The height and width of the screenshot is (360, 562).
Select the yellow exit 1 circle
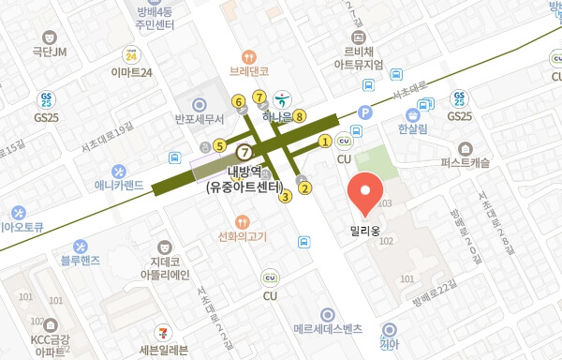coord(324,142)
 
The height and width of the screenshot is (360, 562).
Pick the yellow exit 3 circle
coord(285,196)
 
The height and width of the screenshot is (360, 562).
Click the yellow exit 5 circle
coord(218,145)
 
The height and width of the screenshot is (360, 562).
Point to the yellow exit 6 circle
coord(239,100)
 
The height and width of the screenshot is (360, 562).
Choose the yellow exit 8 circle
coord(299,116)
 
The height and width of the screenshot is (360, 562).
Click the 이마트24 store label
coord(130,71)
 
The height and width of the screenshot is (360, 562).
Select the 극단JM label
coord(51,52)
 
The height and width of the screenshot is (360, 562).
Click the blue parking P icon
coord(365,112)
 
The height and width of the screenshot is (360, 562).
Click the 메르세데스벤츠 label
coord(327,330)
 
